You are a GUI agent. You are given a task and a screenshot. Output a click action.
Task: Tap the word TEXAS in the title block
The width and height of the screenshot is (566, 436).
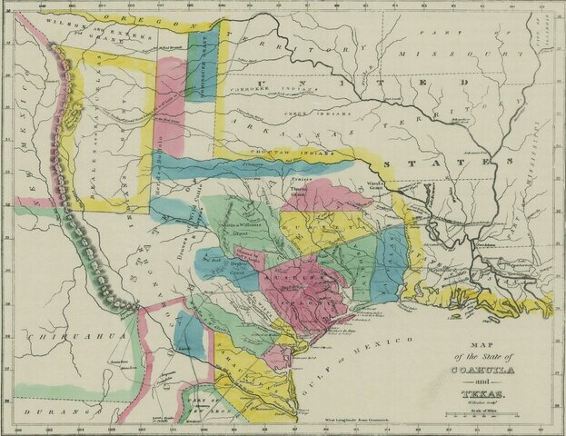(x=492, y=396)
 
